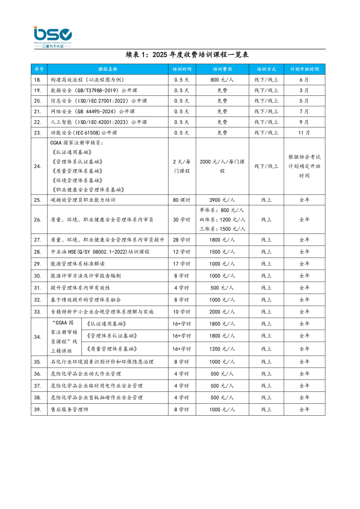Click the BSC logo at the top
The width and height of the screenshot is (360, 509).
click(x=53, y=37)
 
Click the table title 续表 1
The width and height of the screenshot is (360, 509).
click(x=187, y=54)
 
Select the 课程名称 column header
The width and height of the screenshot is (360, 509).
click(x=108, y=69)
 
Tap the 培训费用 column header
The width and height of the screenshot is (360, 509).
click(x=222, y=69)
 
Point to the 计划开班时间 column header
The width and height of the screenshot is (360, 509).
click(x=304, y=69)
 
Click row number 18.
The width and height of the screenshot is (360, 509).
click(x=38, y=80)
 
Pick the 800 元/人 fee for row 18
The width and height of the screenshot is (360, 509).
click(x=222, y=80)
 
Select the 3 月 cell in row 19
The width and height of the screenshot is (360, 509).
click(x=304, y=90)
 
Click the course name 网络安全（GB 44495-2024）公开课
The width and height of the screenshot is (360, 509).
click(x=93, y=111)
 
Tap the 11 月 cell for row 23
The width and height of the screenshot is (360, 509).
click(x=304, y=133)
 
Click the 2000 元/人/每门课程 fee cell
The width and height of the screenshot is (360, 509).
click(x=222, y=166)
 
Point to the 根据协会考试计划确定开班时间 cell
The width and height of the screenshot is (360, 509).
click(x=304, y=166)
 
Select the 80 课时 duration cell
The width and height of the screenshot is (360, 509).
click(x=182, y=200)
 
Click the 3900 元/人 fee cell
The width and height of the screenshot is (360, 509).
click(x=222, y=200)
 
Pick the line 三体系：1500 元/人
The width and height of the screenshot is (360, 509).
click(x=222, y=229)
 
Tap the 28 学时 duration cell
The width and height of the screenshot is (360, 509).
click(x=182, y=240)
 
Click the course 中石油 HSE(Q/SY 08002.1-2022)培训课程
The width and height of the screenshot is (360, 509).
click(x=100, y=252)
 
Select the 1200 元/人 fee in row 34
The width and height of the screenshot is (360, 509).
click(x=222, y=349)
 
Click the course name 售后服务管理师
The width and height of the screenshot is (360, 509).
click(x=70, y=410)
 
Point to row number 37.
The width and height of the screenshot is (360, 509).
click(x=38, y=386)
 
